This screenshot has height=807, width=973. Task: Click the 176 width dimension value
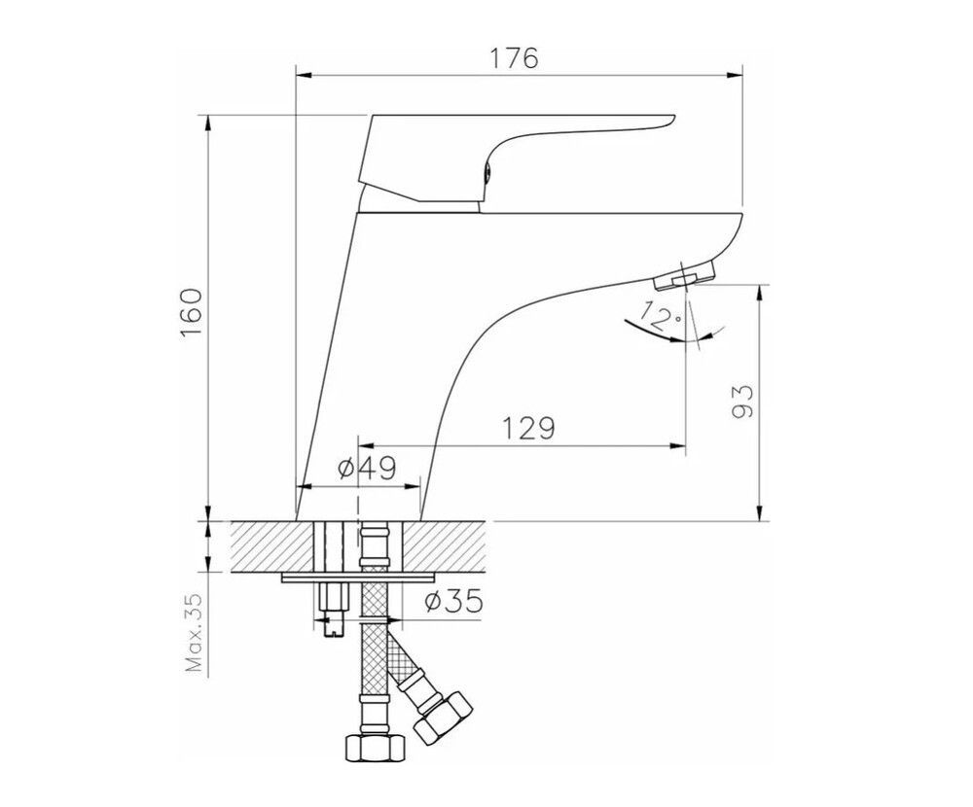point(515,57)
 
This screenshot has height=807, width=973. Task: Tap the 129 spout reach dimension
point(527,428)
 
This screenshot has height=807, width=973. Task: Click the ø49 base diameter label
point(368,469)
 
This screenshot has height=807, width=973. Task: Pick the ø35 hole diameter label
point(453,601)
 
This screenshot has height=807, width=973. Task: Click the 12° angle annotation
point(662,315)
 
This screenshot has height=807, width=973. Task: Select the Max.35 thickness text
point(195,633)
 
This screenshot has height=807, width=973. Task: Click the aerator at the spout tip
point(684,275)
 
